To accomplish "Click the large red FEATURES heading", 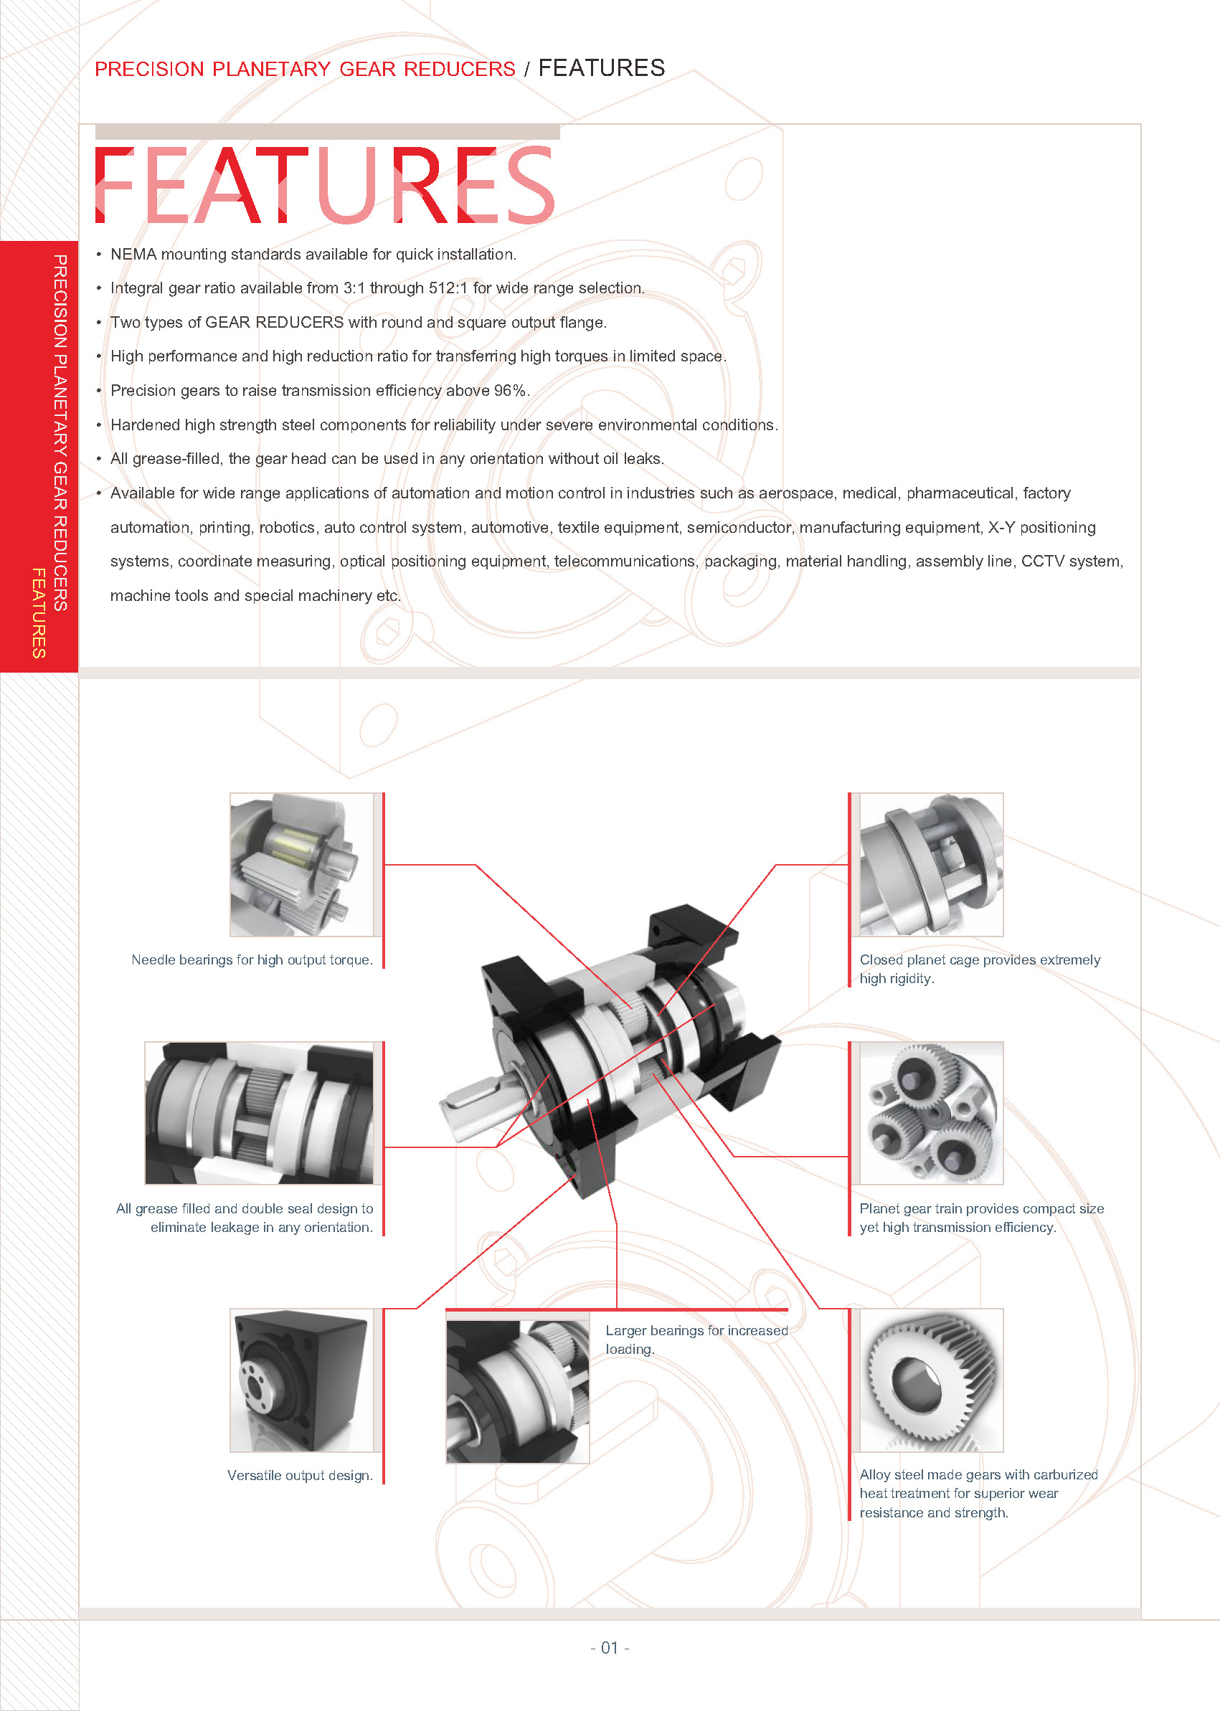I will point(324,185).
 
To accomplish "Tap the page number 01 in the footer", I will point(609,1647).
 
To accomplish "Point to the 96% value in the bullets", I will point(510,391).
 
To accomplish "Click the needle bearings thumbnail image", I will point(301,865).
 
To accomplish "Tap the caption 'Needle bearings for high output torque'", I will point(252,960).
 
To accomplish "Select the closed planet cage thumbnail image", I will point(931,865).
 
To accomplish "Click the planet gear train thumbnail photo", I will point(931,1113).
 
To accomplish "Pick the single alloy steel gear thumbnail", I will point(931,1380).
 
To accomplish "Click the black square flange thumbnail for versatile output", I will point(301,1380).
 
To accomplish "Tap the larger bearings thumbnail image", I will point(518,1392).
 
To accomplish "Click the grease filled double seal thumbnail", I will point(259,1113).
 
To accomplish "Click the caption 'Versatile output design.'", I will point(300,1476).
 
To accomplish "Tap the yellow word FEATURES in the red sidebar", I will point(39,613).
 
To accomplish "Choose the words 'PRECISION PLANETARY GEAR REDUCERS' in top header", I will point(305,69).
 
